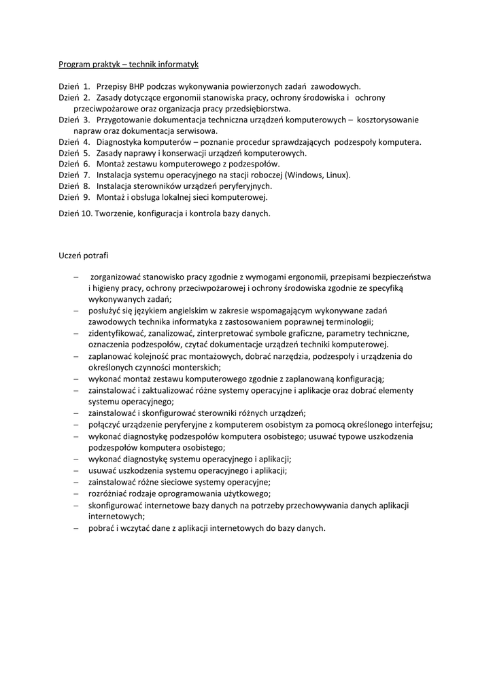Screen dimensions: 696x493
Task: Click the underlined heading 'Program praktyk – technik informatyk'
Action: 128,64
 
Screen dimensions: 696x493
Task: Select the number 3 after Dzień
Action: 86,120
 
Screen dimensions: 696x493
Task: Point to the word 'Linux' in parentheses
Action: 335,175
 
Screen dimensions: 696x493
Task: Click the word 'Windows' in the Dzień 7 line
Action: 303,175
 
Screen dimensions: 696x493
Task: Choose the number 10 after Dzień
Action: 88,213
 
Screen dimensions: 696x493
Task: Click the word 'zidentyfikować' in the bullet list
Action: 119,333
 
